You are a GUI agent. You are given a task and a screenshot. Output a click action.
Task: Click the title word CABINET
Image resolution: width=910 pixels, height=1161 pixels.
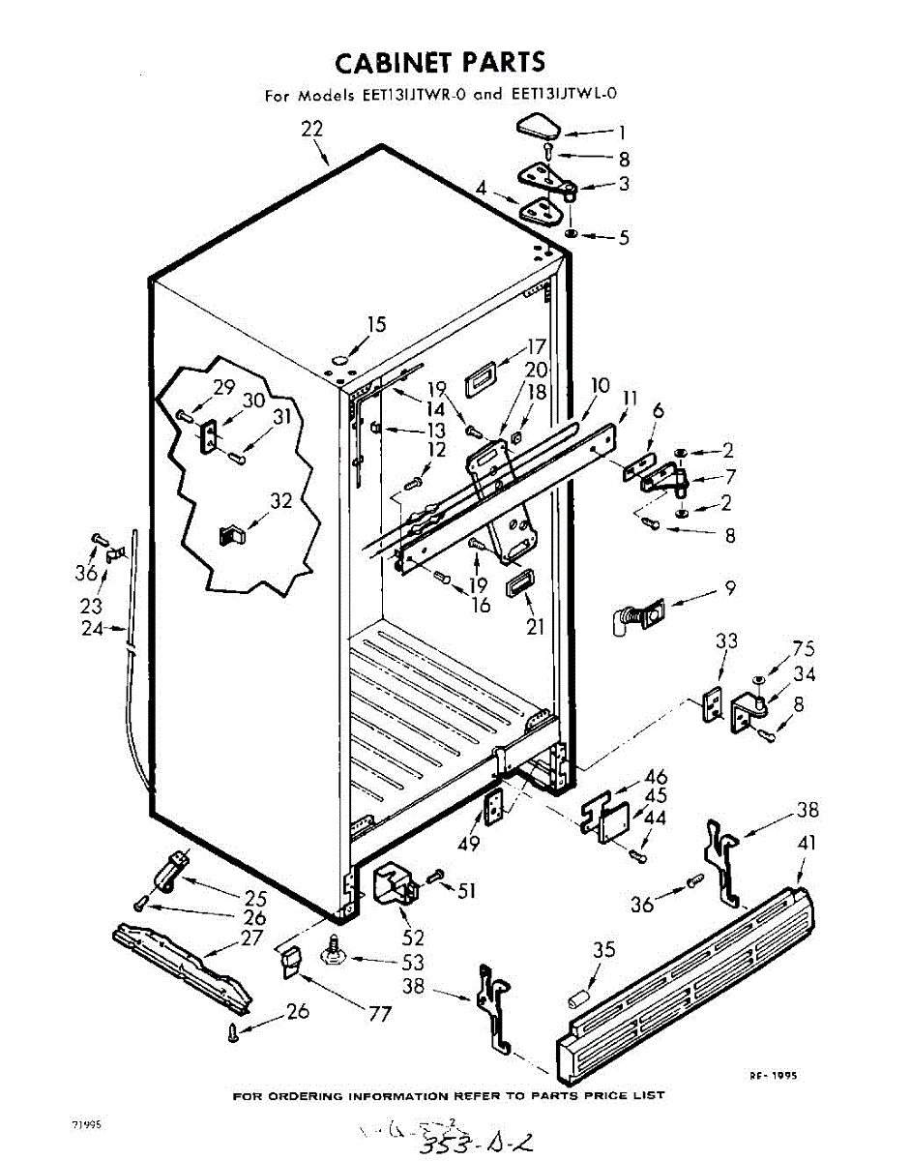[x=395, y=63]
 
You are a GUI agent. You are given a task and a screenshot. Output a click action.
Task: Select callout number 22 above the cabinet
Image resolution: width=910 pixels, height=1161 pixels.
[x=311, y=129]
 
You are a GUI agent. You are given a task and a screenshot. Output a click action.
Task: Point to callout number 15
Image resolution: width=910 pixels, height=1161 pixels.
[x=376, y=324]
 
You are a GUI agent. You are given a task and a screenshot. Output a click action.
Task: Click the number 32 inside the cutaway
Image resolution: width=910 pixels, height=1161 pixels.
[x=280, y=501]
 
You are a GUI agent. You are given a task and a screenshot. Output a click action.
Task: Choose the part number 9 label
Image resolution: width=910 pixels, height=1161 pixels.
[x=730, y=587]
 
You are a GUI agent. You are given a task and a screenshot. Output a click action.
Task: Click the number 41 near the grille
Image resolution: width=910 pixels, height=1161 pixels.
[x=807, y=843]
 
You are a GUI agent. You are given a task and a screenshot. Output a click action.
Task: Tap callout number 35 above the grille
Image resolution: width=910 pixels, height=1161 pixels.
[x=603, y=950]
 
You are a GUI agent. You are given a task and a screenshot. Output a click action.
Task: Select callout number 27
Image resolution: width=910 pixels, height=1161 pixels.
[x=251, y=938]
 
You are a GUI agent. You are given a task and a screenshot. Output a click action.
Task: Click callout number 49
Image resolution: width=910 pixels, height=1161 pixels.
[x=470, y=843]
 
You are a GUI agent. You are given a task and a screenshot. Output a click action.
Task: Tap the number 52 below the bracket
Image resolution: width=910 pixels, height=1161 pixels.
[x=414, y=938]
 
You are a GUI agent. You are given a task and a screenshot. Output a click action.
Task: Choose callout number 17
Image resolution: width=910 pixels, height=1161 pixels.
[x=537, y=346]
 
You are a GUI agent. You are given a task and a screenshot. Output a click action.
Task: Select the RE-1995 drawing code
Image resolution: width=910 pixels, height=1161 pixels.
[x=776, y=1075]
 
